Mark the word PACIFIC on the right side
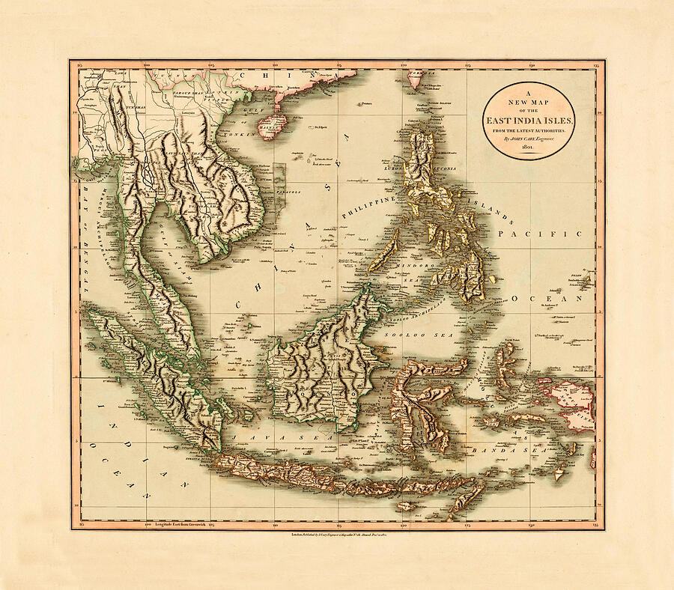[x=546, y=234]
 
